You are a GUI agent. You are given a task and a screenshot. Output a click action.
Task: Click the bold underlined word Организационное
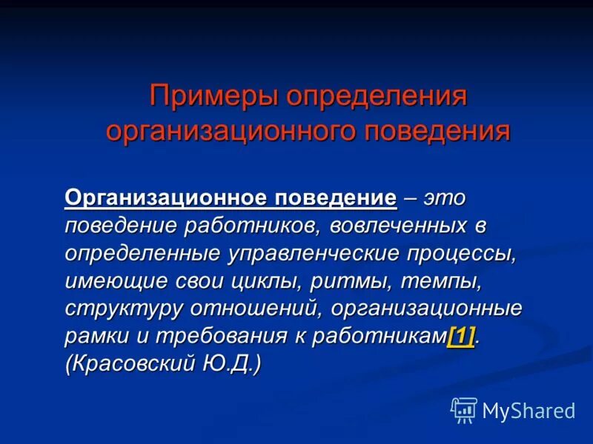[x=165, y=198]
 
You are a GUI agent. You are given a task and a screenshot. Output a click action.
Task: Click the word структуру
[x=122, y=308]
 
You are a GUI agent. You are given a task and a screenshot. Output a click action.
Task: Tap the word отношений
[x=248, y=308]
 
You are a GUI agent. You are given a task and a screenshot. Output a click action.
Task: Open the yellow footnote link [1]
[x=460, y=336]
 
